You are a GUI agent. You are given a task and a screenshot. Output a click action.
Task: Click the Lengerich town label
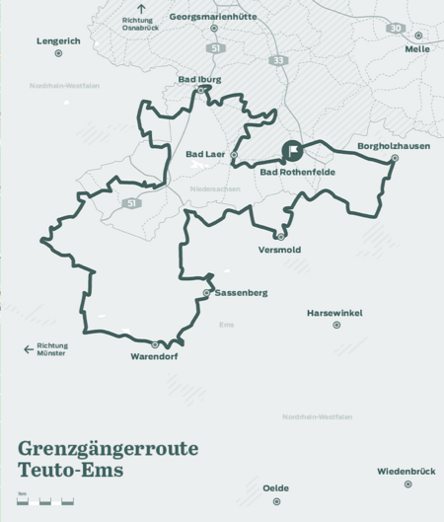pyautogui.click(x=58, y=40)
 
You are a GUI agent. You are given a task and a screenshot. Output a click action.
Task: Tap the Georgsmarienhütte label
pyautogui.click(x=213, y=17)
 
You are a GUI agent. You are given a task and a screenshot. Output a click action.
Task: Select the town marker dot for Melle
pyautogui.click(x=418, y=36)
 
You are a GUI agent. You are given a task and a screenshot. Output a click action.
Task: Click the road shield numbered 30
pyautogui.click(x=396, y=29)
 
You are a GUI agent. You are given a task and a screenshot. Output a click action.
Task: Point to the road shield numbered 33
pyautogui.click(x=278, y=60)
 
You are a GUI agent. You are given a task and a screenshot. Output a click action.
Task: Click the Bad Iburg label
pyautogui.click(x=199, y=79)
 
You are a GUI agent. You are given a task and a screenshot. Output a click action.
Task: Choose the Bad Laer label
pyautogui.click(x=206, y=154)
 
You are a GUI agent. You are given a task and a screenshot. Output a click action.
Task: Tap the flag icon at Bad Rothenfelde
pyautogui.click(x=292, y=151)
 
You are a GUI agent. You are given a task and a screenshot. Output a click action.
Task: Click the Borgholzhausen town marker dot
pyautogui.click(x=395, y=158)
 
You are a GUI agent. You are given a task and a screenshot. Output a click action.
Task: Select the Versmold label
pyautogui.click(x=279, y=250)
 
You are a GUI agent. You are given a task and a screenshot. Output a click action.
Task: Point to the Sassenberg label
pyautogui.click(x=241, y=293)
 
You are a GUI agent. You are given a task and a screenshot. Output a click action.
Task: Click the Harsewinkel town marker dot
pyautogui.click(x=336, y=325)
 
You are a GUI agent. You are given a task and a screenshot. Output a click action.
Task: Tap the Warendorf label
pyautogui.click(x=154, y=356)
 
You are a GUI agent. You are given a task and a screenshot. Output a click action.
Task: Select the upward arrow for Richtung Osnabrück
pyautogui.click(x=141, y=8)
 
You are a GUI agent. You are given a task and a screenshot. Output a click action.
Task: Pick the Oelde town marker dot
pyautogui.click(x=276, y=501)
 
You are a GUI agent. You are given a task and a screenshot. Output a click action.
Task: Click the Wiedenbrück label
pyautogui.click(x=406, y=471)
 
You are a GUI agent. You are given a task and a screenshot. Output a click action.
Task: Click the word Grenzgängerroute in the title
pyautogui.click(x=108, y=449)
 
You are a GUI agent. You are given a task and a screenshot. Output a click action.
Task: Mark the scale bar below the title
pyautogui.click(x=45, y=501)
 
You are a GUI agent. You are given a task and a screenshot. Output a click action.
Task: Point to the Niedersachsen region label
pyautogui.click(x=215, y=187)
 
